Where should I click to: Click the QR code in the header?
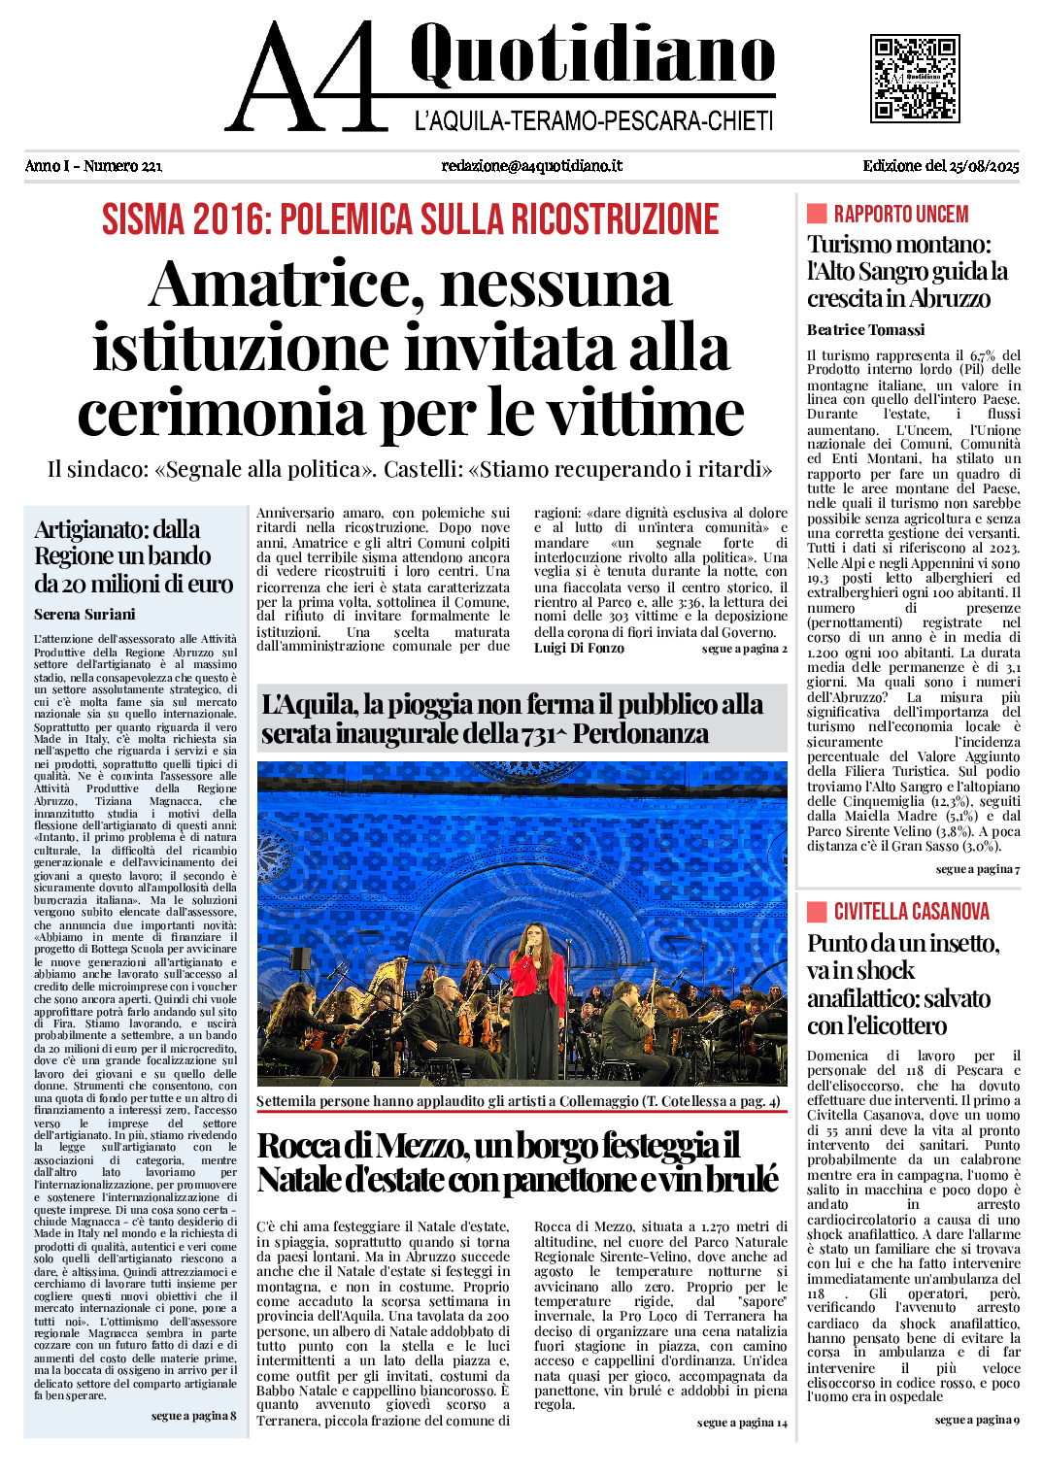915,78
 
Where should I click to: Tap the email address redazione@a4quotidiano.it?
531,166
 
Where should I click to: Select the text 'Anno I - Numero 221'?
93,166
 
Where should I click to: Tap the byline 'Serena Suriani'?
84,615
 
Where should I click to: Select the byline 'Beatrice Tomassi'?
865,330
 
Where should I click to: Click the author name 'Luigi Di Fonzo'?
579,649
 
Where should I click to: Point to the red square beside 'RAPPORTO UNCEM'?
817,214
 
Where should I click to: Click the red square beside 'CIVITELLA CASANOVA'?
817,911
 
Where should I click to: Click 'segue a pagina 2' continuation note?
744,649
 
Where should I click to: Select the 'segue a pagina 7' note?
977,869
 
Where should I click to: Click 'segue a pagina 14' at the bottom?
742,1423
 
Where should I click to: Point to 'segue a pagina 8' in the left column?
193,1416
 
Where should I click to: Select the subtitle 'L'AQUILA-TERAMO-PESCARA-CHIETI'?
593,121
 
